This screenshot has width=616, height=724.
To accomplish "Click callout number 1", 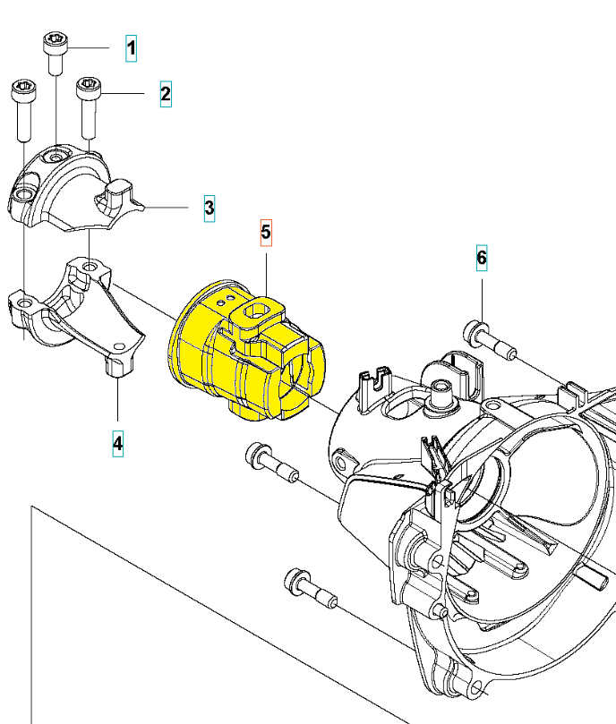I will click(x=132, y=47).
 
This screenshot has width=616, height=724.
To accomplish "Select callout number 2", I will click(x=166, y=93).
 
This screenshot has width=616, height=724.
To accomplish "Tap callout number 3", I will click(x=209, y=209).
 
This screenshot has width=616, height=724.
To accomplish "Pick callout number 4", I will click(x=118, y=442).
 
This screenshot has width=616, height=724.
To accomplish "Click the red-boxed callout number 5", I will click(x=266, y=232).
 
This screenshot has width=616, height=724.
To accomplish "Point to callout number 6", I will click(x=482, y=259).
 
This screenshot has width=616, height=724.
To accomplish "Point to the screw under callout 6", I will click(x=488, y=339).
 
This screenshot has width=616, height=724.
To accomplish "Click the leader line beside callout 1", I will click(x=90, y=47).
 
